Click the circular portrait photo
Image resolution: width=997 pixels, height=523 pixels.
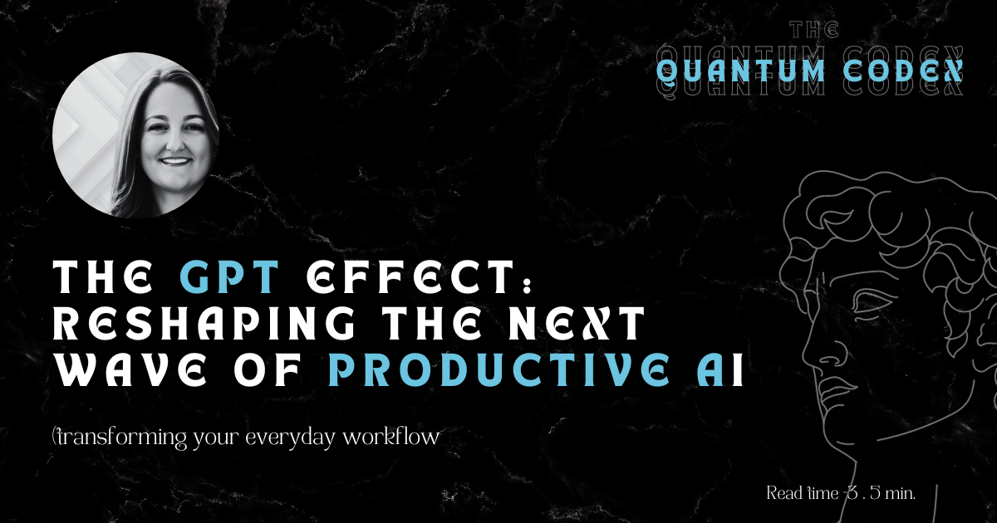point(135,135)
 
